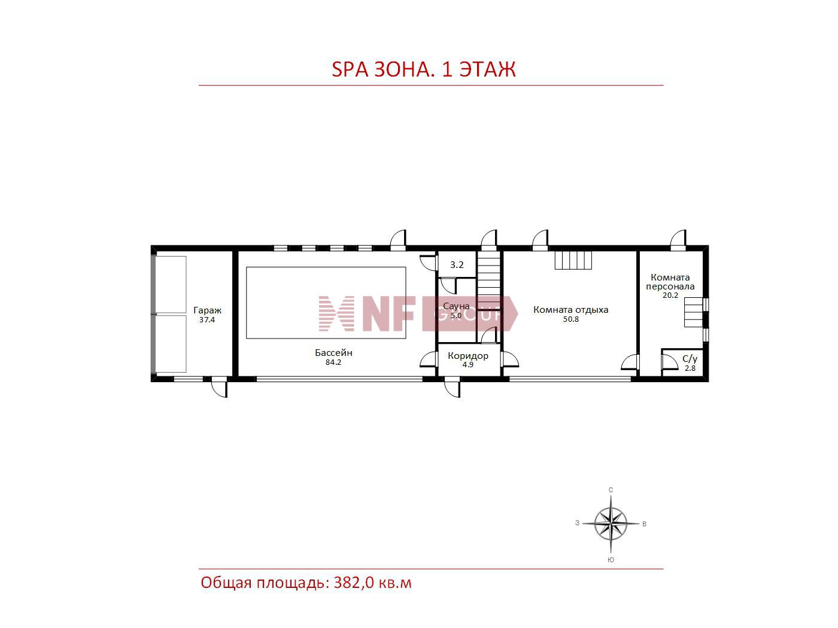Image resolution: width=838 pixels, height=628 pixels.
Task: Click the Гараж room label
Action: click(x=207, y=310)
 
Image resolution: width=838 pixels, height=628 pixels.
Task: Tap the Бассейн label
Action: click(x=333, y=353)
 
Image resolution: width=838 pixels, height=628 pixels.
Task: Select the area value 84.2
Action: click(x=333, y=362)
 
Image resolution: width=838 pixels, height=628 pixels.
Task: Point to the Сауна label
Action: click(x=456, y=306)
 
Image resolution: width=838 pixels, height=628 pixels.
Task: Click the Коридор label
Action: click(x=467, y=356)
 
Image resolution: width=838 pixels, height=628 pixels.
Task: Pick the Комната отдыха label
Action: click(x=571, y=310)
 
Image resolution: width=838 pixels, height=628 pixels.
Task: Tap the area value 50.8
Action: click(x=571, y=319)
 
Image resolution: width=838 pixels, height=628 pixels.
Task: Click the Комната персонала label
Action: click(x=670, y=282)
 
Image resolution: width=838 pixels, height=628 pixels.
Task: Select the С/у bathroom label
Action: click(x=690, y=359)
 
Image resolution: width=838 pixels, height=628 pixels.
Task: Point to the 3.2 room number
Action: click(x=457, y=264)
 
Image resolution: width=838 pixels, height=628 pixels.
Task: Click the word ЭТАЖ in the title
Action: click(x=487, y=69)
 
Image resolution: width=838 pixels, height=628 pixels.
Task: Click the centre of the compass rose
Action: click(x=611, y=523)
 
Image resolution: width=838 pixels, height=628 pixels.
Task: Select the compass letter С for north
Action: click(x=611, y=490)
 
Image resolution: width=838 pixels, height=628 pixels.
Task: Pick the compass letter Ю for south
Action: click(x=611, y=560)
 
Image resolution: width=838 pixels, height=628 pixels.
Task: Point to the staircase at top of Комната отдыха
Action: click(x=573, y=260)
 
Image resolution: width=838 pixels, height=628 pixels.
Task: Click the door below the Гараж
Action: click(x=219, y=386)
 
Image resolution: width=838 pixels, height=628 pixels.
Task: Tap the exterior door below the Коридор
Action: click(x=452, y=386)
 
